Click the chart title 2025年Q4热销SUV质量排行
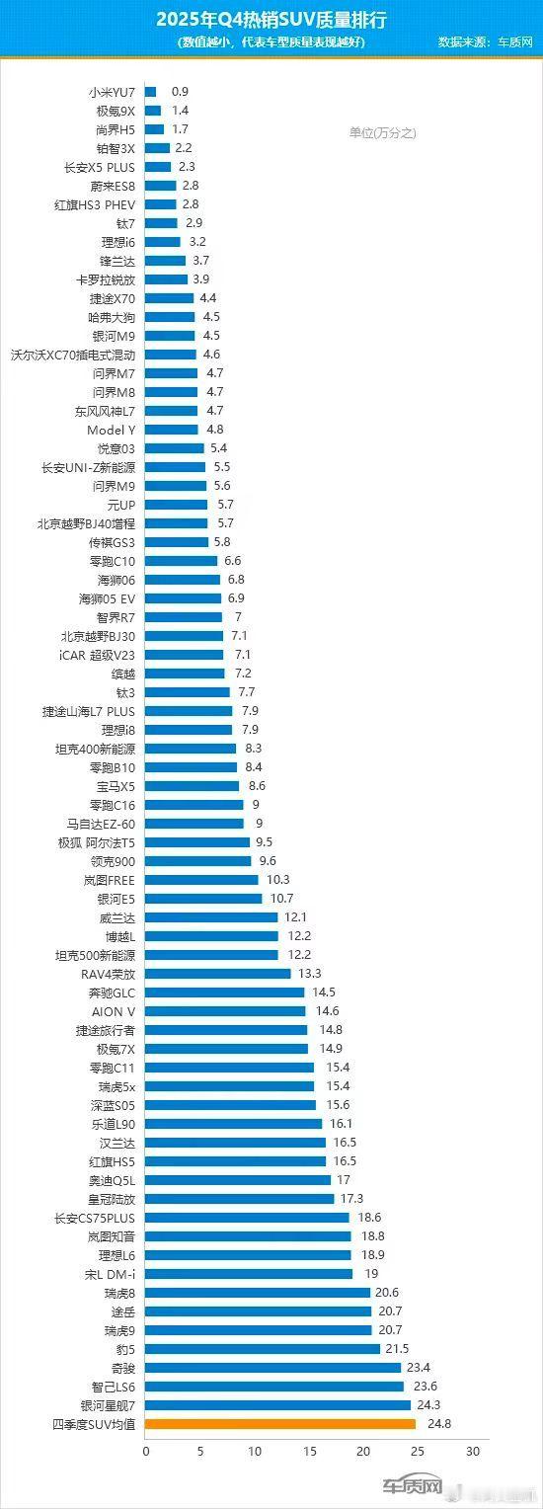tap(271, 20)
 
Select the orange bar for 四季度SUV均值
tap(280, 1423)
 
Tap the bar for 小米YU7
tap(151, 92)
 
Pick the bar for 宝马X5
tap(193, 786)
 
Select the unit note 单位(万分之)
tap(383, 132)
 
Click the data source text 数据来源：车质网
tap(486, 41)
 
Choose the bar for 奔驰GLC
tap(225, 993)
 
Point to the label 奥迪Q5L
tap(112, 1180)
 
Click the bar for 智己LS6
tap(274, 1386)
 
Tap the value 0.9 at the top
tap(180, 92)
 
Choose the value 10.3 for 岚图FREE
tap(278, 880)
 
